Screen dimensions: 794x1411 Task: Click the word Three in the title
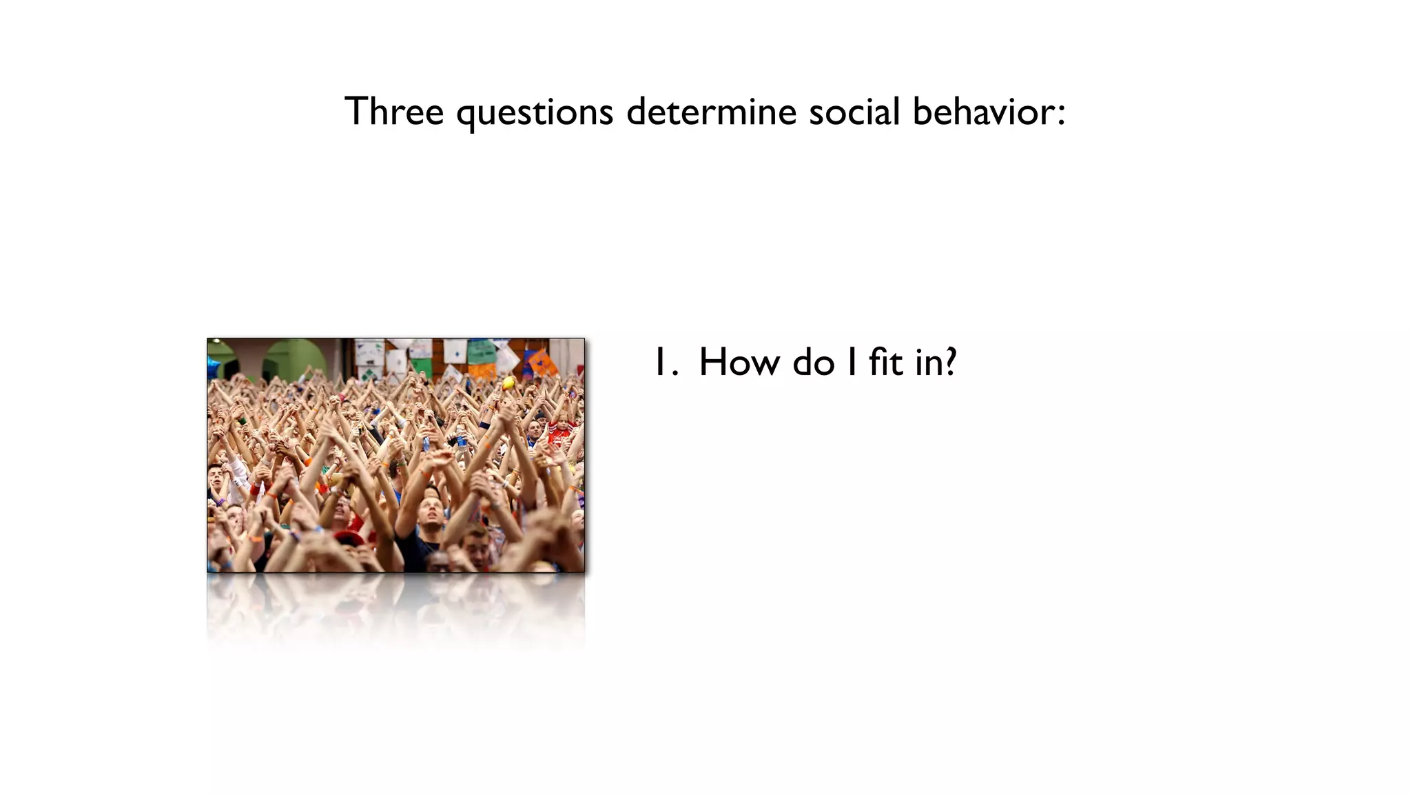coord(393,112)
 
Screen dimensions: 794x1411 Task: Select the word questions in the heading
coord(535,112)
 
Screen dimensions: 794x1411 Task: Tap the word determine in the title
coord(711,112)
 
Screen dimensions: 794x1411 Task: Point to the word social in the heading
coord(854,112)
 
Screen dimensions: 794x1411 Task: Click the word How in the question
coord(740,363)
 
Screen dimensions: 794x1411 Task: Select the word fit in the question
coord(885,363)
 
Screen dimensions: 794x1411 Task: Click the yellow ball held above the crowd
coord(508,383)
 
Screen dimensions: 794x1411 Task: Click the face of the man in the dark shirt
coord(431,511)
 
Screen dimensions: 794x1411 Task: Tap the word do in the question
coord(813,363)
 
